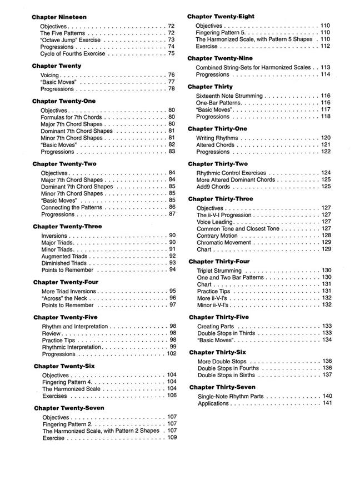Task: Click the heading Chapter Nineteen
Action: point(59,17)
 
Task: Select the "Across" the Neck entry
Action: point(62,298)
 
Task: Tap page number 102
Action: point(172,353)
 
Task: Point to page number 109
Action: point(172,438)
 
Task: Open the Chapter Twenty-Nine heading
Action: point(220,58)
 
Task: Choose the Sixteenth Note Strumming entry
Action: point(229,96)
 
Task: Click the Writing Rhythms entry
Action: point(221,138)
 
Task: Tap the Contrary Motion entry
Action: point(217,236)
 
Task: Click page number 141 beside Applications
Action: point(327,403)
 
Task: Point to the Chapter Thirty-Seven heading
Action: point(222,387)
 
